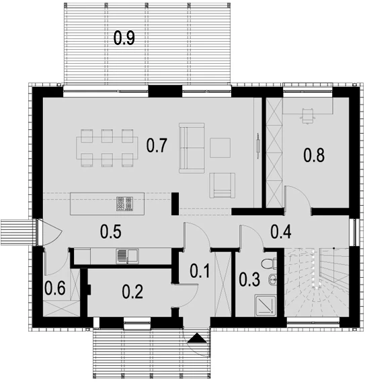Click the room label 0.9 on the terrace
coord(124,38)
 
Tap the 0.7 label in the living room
coord(157,145)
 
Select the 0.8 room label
coord(314,155)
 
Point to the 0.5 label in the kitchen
coord(111,231)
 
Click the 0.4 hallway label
coord(281,231)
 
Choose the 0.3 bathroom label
coord(249,279)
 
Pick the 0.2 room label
coord(132,291)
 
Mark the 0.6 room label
coord(55,288)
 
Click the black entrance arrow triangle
coord(197,339)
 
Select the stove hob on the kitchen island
coord(124,204)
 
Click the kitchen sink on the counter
coord(127,256)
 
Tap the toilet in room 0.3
coord(269,264)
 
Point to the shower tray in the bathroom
coord(265,305)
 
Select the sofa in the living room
coord(192,148)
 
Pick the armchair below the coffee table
coord(222,185)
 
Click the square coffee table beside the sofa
coord(220,148)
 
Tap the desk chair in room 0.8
coord(308,116)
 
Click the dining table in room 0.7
coord(107,148)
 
